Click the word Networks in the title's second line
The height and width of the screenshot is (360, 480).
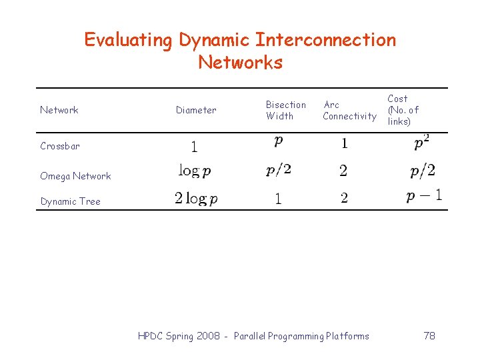pos(240,63)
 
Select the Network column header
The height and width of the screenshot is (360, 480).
pos(59,110)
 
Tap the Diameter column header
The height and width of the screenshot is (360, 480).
pos(196,110)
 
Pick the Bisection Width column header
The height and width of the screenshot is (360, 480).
pos(285,110)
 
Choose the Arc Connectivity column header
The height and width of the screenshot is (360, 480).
pos(349,110)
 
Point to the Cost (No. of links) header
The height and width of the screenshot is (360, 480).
pos(403,110)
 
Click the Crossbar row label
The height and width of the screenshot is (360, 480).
pos(60,146)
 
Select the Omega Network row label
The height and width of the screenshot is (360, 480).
pos(75,176)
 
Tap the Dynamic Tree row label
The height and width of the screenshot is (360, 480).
pos(70,201)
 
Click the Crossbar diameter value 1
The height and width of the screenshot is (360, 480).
pos(194,146)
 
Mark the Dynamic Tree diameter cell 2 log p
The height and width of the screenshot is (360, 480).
pos(196,198)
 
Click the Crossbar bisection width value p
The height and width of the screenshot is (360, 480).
pos(278,142)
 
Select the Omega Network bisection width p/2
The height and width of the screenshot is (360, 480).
pos(279,171)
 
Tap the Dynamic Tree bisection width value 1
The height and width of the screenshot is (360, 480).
pos(278,199)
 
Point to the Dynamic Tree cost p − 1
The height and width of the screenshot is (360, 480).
pos(424,196)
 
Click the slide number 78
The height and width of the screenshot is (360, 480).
pos(429,336)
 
